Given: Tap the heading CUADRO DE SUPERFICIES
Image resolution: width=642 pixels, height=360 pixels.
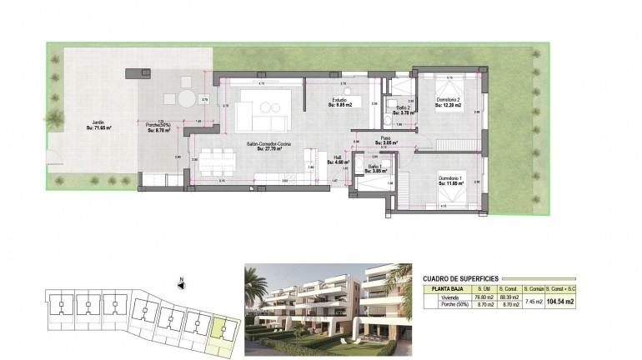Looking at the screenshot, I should (460, 278).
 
